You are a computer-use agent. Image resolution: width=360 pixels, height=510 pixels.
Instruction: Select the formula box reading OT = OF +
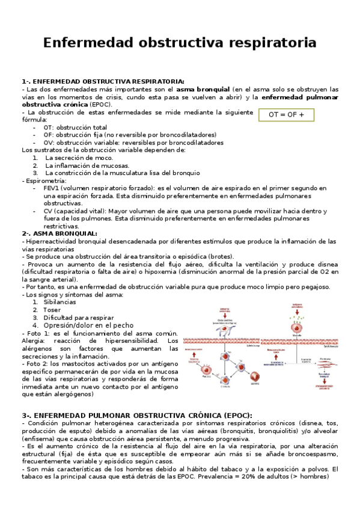click(286, 114)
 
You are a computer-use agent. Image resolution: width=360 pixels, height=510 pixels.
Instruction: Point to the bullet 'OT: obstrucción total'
click(75, 127)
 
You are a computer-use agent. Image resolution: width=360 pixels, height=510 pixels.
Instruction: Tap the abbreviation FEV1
click(53, 188)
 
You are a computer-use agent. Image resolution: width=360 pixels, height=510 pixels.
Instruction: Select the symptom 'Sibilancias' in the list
click(59, 302)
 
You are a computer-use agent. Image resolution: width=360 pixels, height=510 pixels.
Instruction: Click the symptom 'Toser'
click(52, 310)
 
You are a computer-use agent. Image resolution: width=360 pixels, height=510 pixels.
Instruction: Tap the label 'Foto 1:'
click(37, 333)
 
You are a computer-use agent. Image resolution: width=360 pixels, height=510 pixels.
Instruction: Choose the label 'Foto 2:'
click(37, 364)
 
